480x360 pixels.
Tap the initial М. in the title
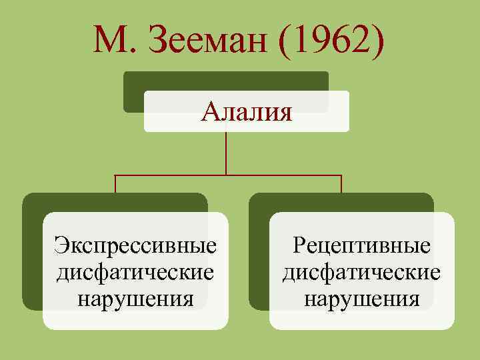117,42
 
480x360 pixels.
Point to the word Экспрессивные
136,245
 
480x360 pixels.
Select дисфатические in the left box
136,272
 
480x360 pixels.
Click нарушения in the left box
136,298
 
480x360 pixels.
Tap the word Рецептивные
362,245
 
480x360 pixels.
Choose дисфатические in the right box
362,272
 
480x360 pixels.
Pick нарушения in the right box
362,298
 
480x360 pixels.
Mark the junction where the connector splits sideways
227,175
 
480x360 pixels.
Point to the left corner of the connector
115,175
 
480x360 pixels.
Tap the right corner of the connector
341,175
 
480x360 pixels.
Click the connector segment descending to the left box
115,185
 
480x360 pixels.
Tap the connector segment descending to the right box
341,185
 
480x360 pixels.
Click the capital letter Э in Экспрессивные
61,245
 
